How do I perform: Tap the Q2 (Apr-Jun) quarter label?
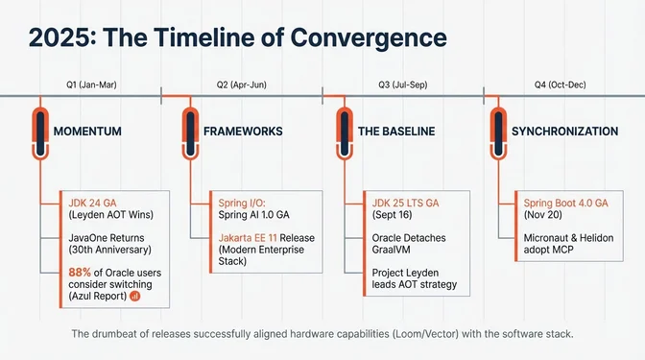click(243, 84)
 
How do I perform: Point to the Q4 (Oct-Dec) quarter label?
click(560, 84)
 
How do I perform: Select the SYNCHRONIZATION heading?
click(564, 131)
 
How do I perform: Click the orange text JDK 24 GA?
click(90, 203)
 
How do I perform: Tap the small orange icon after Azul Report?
click(135, 298)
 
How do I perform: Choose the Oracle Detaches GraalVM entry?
click(407, 243)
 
